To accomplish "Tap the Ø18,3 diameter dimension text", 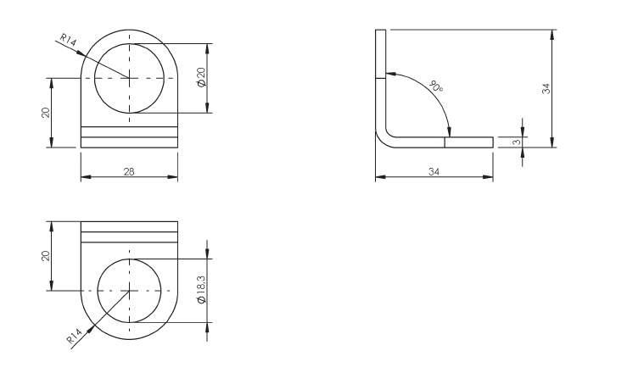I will click(x=200, y=290).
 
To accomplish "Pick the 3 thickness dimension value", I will click(x=514, y=142).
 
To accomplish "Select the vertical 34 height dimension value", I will click(x=547, y=87).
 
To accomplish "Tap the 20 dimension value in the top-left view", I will click(x=46, y=112).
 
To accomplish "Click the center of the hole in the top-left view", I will click(x=129, y=78).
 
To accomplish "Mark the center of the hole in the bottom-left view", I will click(x=129, y=291).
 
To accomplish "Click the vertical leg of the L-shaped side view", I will click(x=380, y=76).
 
